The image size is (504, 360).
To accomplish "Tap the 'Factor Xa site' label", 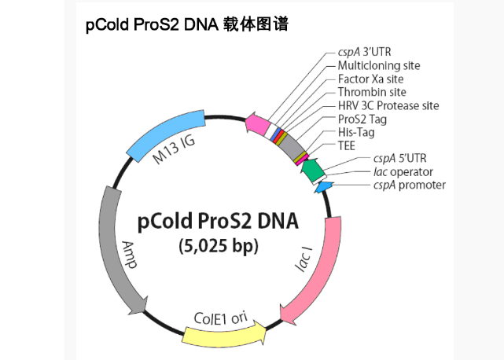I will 372,79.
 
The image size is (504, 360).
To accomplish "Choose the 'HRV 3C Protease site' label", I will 388,105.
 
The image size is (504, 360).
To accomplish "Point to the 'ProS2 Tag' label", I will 362,119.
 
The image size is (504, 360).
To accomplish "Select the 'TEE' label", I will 347,145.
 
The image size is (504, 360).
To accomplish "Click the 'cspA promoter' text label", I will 409,185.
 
